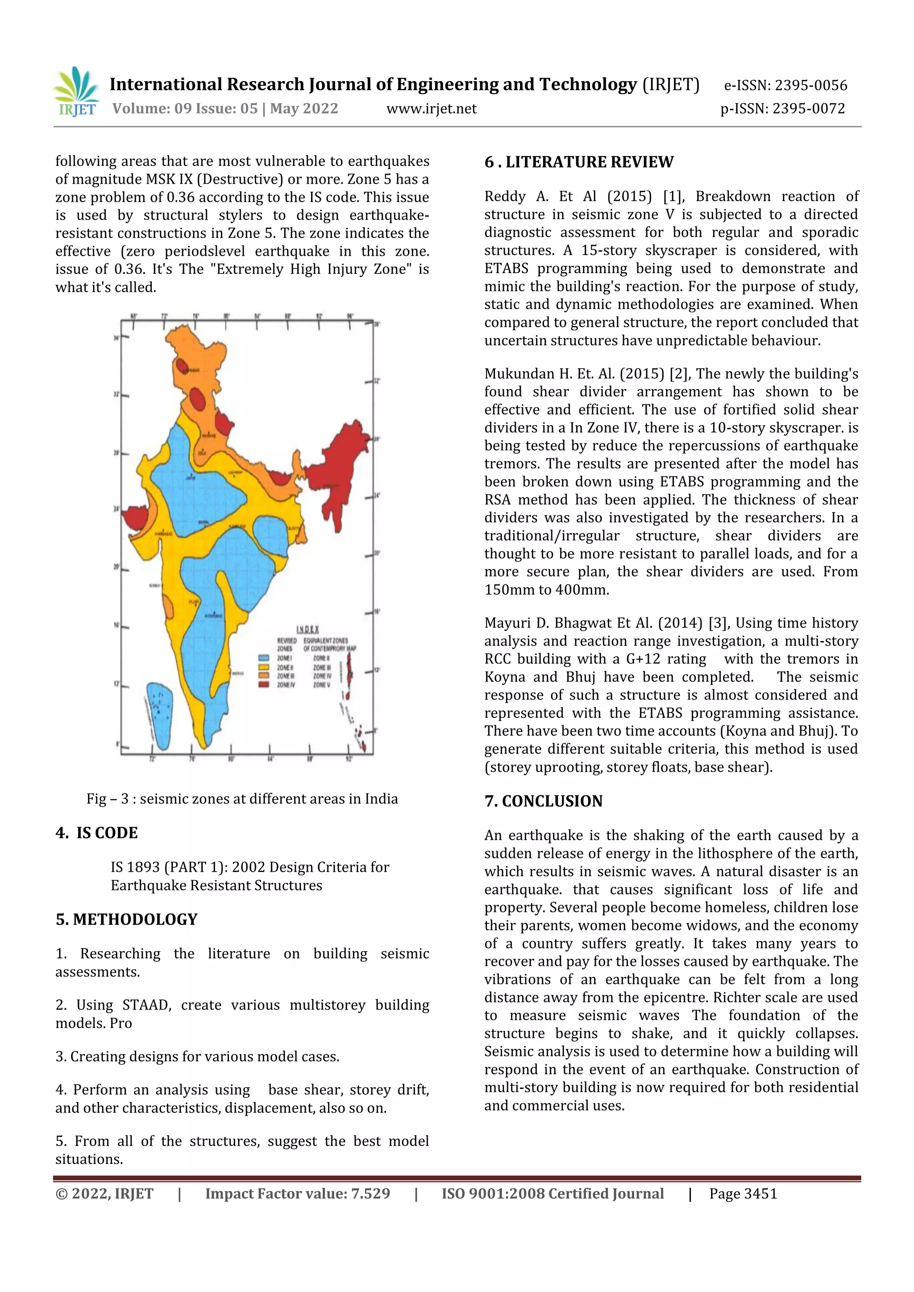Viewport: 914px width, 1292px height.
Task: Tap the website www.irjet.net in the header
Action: pyautogui.click(x=431, y=108)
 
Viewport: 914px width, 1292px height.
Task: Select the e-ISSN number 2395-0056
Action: pyautogui.click(x=810, y=86)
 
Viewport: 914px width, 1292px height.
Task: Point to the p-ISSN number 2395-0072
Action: pyautogui.click(x=808, y=108)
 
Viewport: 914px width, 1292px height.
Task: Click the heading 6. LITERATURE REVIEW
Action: pyautogui.click(x=578, y=162)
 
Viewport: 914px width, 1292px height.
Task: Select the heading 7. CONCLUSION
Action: pyautogui.click(x=544, y=801)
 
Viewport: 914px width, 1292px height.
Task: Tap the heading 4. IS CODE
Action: pyautogui.click(x=96, y=833)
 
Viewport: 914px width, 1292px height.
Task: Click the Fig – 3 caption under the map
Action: pyautogui.click(x=242, y=799)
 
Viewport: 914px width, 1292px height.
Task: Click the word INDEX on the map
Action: pyautogui.click(x=308, y=629)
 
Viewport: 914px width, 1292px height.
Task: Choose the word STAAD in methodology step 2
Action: pyautogui.click(x=146, y=1005)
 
